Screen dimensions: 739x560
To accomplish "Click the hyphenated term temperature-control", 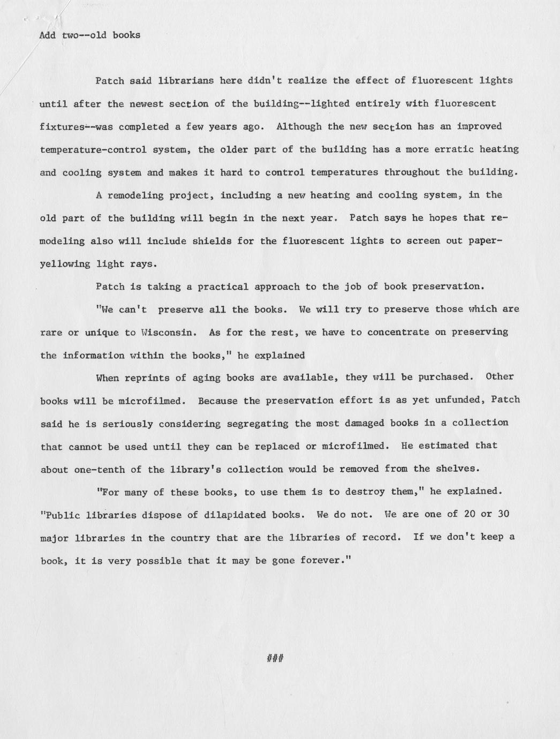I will [93, 149].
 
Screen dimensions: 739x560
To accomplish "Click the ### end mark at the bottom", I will [275, 658].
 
